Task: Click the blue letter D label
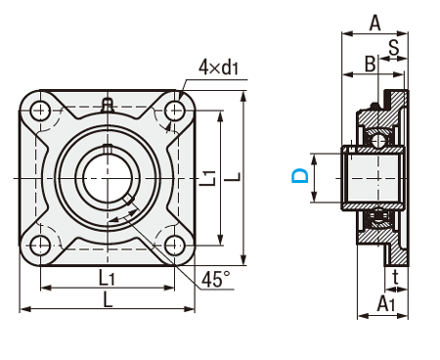[x=300, y=175]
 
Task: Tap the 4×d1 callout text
[x=219, y=67]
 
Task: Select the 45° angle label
[x=215, y=280]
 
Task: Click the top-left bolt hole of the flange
[x=40, y=111]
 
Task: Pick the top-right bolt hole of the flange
[x=175, y=111]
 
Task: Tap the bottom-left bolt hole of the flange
[x=40, y=246]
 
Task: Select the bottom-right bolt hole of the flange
[x=175, y=246]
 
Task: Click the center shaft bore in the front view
[x=108, y=178]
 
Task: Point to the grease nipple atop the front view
[x=108, y=106]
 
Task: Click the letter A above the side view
[x=374, y=23]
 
